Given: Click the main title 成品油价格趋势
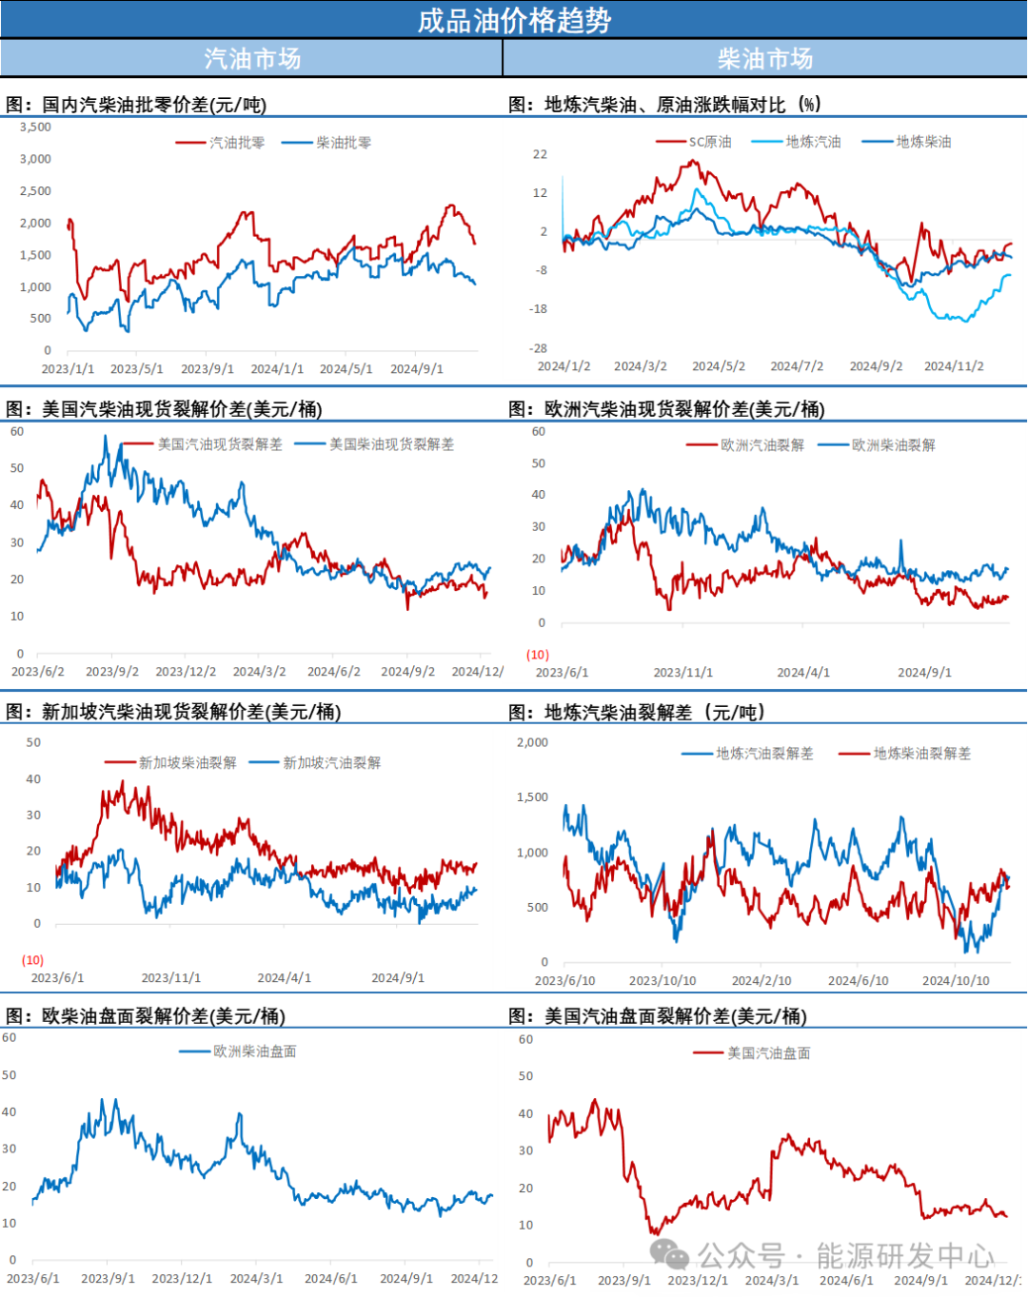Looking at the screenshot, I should point(514,20).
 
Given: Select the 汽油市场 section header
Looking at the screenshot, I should point(252,59).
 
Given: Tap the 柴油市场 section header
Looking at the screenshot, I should point(765,59).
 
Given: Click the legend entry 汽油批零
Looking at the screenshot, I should point(236,143).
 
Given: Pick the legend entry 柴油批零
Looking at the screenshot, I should point(343,143).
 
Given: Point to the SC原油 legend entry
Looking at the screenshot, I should point(709,142).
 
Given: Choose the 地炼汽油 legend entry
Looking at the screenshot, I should point(813,142).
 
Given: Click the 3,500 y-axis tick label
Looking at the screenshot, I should point(36,127).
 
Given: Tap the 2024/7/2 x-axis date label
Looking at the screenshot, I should point(797,366).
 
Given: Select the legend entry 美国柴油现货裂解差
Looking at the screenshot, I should point(391,444).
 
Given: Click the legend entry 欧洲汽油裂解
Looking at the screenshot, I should point(761,445).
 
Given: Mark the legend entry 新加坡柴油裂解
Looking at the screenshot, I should point(188,762).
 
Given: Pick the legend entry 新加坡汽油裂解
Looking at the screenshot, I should point(331,762).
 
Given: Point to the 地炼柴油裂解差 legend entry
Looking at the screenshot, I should point(921,754).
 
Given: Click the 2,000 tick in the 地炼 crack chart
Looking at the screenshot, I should point(532,742).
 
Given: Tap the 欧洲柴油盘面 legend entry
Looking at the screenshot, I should point(254,1051).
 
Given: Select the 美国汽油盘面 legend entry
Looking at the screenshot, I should point(768,1053).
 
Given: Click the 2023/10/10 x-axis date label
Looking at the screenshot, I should point(662,981).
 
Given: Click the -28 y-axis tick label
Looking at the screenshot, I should point(539,349).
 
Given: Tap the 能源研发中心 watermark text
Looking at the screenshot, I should point(904,1256).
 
